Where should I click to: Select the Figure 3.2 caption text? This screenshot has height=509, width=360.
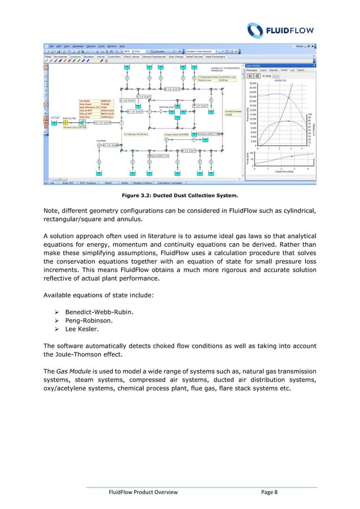tap(179, 196)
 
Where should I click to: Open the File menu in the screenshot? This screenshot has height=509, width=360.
tap(51, 46)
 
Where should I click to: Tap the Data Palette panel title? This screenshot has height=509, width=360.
tap(254, 65)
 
